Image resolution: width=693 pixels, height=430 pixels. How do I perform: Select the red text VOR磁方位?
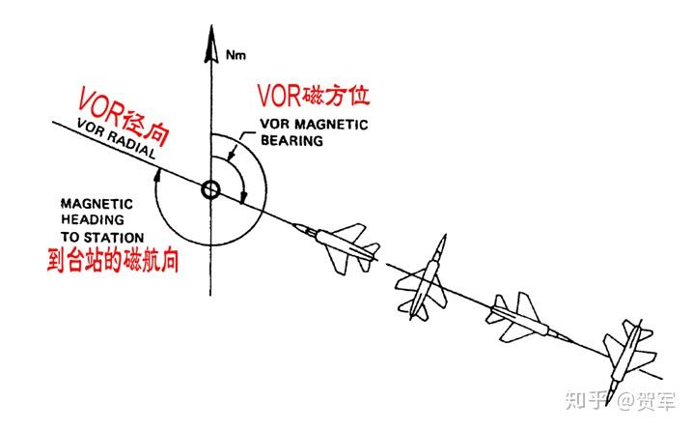click(x=314, y=98)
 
